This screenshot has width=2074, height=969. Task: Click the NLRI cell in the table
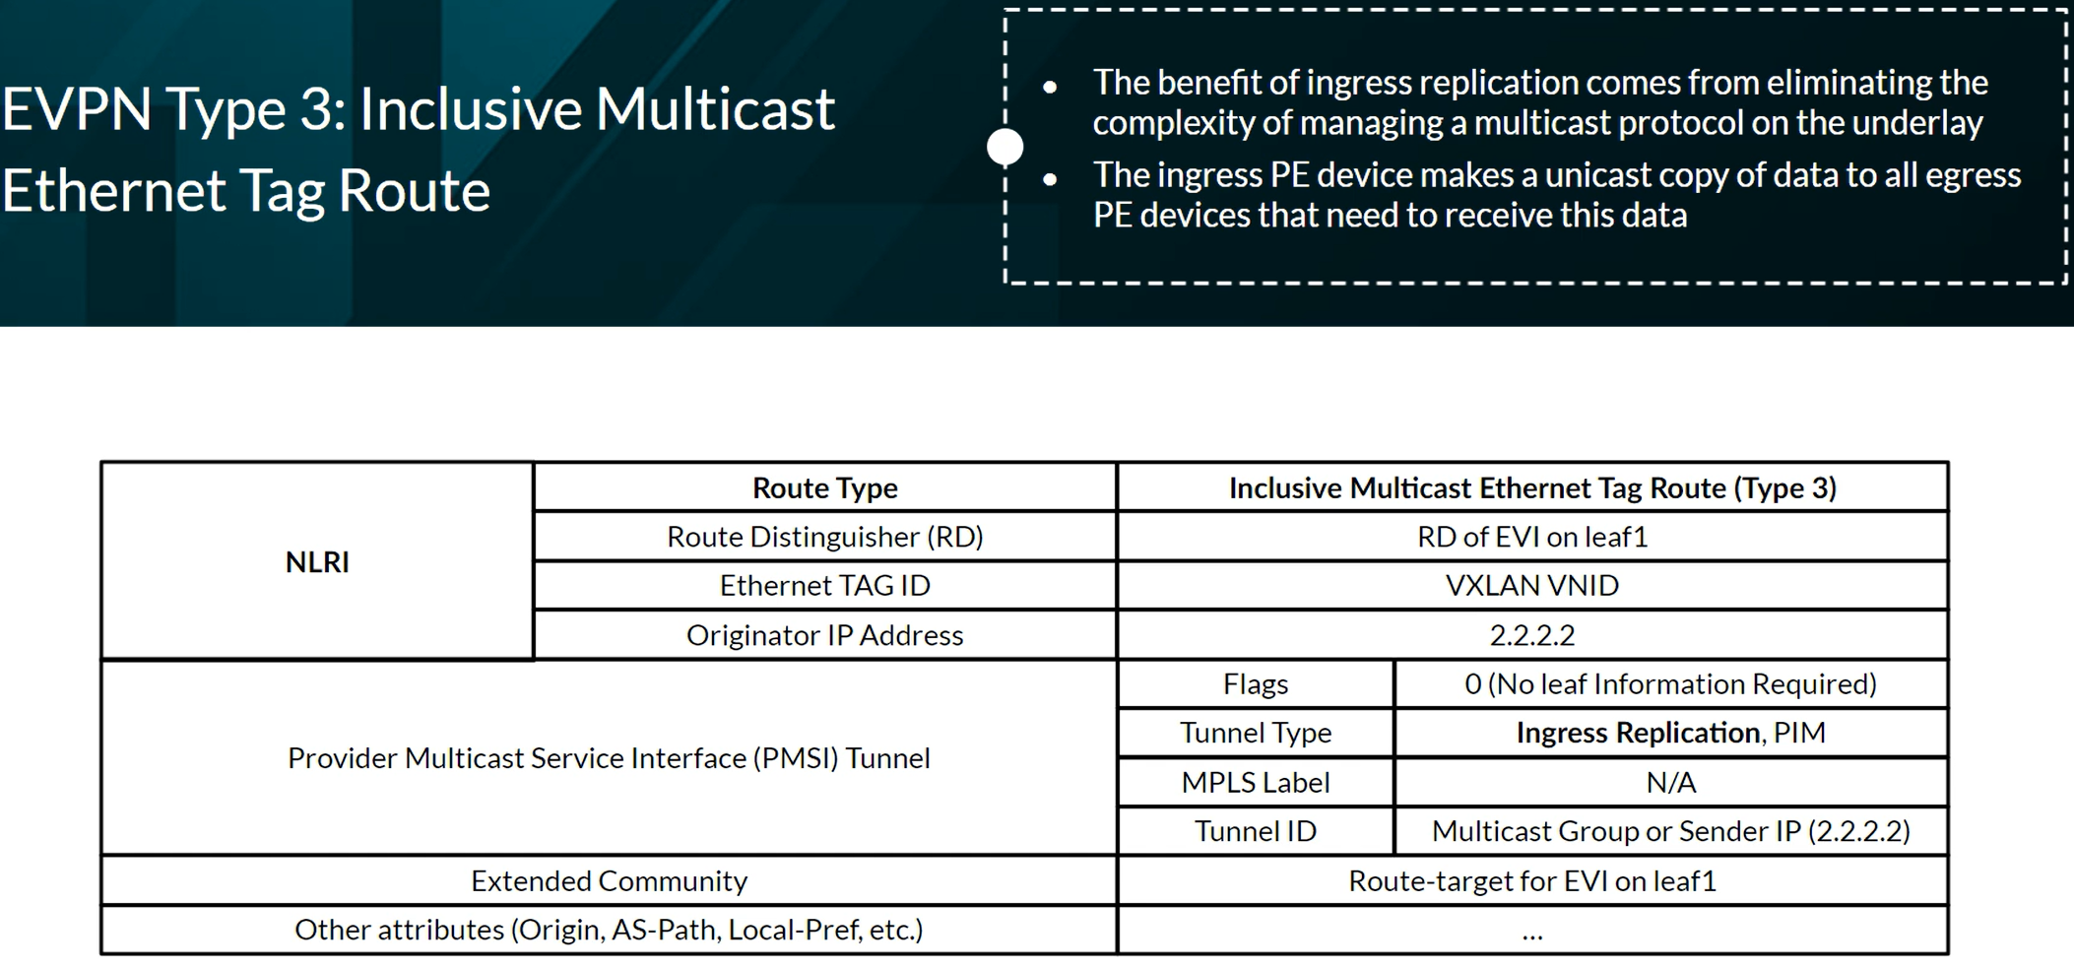(x=317, y=561)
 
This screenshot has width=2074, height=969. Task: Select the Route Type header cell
(x=825, y=487)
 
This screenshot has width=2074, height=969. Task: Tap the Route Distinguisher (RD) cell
(x=825, y=537)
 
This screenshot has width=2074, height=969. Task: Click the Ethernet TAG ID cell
(x=825, y=586)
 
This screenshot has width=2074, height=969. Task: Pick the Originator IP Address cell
(x=825, y=635)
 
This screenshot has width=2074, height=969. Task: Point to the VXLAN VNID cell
(x=1532, y=586)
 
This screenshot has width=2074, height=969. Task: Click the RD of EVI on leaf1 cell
(x=1532, y=537)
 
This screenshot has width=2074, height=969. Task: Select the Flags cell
(x=1256, y=684)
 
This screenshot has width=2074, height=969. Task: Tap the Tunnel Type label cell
(x=1256, y=733)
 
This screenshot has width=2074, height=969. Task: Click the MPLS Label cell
(x=1256, y=782)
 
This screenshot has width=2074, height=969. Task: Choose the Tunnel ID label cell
(x=1256, y=831)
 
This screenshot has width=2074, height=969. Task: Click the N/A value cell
(x=1671, y=782)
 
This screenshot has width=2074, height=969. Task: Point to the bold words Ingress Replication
(x=1638, y=733)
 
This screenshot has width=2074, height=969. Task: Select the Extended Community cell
(x=609, y=880)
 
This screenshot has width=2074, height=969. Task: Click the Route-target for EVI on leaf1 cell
(x=1532, y=880)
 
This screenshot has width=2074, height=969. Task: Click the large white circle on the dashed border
(x=1005, y=147)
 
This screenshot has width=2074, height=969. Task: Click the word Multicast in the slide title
(x=715, y=108)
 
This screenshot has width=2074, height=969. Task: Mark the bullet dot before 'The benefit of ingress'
(x=1050, y=87)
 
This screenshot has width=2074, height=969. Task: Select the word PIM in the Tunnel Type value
(x=1800, y=733)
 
